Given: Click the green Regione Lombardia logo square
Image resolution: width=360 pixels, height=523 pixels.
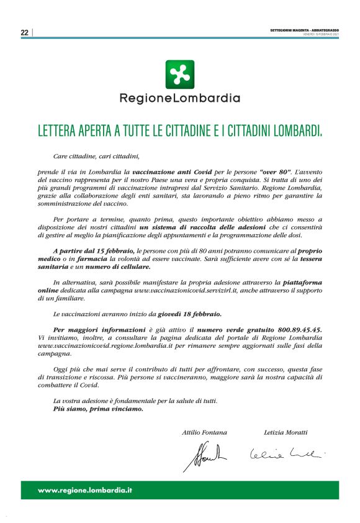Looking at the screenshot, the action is click(179, 75).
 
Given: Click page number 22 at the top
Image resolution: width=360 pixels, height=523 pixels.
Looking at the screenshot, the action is click(25, 32).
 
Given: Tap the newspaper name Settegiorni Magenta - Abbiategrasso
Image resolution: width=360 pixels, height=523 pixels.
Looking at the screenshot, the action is click(304, 30).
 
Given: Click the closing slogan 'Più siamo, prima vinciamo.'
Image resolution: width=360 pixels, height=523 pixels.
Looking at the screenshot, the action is click(98, 409).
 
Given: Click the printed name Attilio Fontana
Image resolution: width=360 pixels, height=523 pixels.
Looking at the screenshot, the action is click(204, 432).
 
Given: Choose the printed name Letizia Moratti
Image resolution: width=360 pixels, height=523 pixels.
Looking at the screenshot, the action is click(286, 432).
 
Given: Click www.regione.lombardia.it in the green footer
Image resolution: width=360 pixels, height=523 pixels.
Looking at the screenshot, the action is click(86, 491).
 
